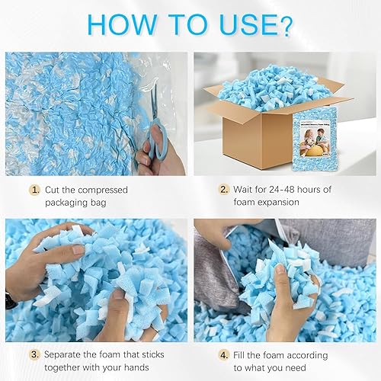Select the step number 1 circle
[34, 189]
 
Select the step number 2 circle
[224, 189]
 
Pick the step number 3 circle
[34, 354]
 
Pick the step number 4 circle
[224, 354]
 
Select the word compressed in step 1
[98, 189]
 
